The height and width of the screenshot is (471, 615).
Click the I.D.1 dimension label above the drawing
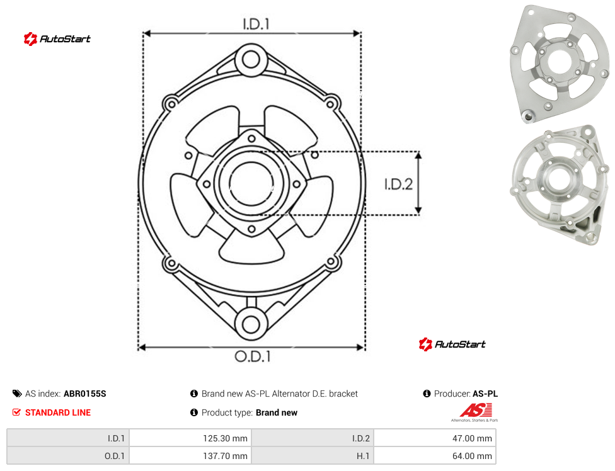256,25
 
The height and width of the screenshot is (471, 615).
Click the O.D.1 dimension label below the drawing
253,356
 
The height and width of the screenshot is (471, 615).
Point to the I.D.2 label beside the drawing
398,184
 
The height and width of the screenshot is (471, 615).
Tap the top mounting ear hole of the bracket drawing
251,60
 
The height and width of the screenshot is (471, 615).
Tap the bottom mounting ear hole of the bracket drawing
251,324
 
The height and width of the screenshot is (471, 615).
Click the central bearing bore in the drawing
251,183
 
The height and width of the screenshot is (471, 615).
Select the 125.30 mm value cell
190,438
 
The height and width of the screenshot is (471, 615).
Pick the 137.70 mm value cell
190,456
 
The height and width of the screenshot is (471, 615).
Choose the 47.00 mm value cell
435,438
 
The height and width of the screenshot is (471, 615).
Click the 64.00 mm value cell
435,456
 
